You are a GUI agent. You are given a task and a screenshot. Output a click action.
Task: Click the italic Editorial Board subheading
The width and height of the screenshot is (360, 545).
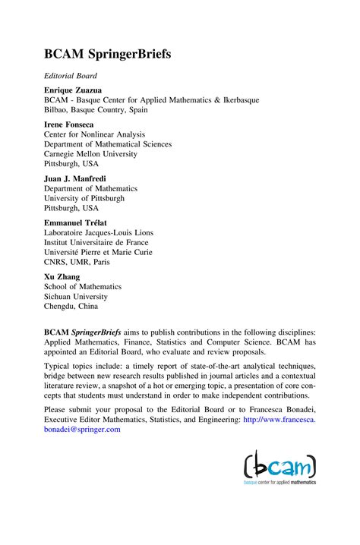point(71,76)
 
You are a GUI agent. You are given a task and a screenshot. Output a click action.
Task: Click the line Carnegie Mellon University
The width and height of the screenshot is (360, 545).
point(90,154)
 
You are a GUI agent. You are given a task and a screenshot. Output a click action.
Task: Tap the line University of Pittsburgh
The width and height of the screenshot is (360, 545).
point(84,198)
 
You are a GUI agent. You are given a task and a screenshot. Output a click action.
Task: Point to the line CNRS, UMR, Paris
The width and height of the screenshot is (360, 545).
point(77,263)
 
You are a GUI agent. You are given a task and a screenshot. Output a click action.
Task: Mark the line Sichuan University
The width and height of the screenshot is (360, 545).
point(77,297)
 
